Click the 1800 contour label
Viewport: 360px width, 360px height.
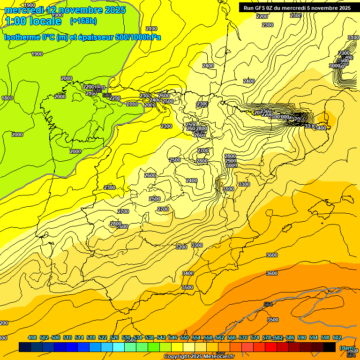click(7, 98)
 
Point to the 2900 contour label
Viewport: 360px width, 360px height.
click(231, 161)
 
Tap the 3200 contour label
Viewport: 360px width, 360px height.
click(181, 247)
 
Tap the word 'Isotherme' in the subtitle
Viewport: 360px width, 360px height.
click(22, 37)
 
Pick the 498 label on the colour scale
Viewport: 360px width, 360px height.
click(32, 337)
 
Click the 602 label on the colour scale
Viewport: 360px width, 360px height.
click(337, 337)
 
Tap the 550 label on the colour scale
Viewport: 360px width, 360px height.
click(185, 337)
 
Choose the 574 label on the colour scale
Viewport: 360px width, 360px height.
click(255, 337)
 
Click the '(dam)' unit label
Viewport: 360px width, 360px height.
click(347, 348)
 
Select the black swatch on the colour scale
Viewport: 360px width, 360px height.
click(330, 347)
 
